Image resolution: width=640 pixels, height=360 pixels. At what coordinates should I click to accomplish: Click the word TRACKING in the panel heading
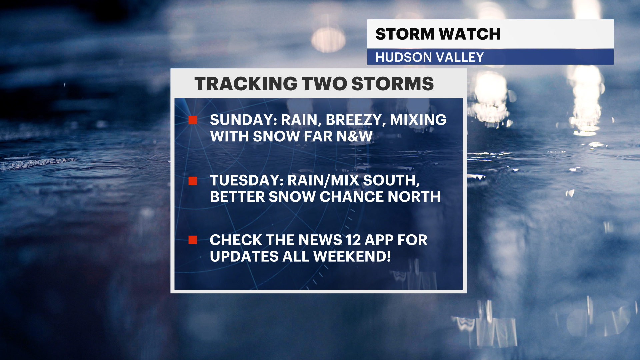point(246,84)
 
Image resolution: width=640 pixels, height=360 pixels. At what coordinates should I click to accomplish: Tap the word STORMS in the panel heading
point(393,84)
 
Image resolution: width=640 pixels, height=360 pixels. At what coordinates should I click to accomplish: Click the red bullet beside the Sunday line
point(193,120)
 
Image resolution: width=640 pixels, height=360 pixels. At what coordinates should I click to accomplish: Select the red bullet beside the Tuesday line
point(193,181)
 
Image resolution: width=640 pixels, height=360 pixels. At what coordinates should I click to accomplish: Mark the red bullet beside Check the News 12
point(193,240)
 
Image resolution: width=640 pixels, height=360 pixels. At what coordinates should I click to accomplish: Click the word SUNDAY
point(243,120)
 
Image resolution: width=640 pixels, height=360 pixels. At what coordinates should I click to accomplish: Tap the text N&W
point(354,136)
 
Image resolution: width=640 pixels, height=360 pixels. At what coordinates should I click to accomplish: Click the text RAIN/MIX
point(323,181)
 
